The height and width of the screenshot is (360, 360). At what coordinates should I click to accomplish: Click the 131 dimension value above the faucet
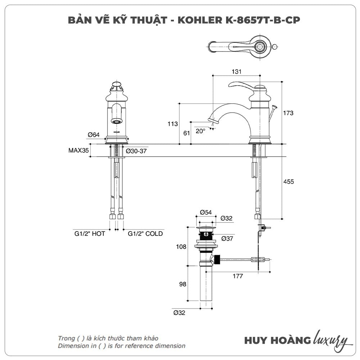237,72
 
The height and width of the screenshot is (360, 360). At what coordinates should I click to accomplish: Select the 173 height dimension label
288,113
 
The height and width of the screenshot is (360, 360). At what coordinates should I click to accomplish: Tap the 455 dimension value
289,181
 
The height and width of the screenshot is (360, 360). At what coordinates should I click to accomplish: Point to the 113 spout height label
173,124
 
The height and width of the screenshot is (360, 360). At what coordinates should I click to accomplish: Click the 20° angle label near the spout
201,131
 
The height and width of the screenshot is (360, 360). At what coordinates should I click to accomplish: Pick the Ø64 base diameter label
94,135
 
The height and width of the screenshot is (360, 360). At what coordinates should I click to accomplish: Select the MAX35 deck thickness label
78,150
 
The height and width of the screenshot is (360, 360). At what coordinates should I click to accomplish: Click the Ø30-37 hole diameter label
136,151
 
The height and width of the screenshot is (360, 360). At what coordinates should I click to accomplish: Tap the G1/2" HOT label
90,234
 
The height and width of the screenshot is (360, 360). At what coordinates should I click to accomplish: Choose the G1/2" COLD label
145,234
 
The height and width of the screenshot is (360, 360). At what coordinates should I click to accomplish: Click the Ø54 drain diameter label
206,212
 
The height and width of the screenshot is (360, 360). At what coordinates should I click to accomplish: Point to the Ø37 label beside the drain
227,239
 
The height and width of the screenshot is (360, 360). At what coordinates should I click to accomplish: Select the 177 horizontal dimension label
238,276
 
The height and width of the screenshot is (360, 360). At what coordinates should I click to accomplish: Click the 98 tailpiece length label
183,284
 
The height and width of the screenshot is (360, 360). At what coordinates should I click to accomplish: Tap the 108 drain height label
181,247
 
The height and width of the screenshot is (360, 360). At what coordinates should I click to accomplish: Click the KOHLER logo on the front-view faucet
117,132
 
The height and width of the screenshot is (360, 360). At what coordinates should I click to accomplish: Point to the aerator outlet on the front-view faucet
116,121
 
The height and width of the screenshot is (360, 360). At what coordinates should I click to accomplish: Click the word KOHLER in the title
200,20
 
